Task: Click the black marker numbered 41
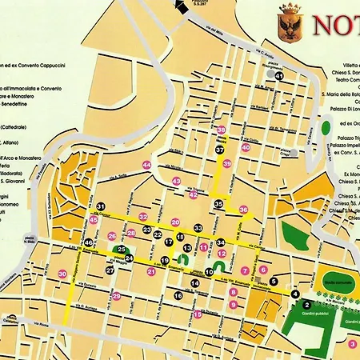[278, 75]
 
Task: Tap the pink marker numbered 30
[62, 274]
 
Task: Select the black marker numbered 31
[101, 207]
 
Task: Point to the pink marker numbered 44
[146, 165]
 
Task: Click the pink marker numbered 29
[117, 297]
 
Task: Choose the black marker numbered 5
[274, 281]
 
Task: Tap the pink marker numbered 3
[352, 344]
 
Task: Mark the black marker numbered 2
[306, 305]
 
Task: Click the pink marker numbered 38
[222, 130]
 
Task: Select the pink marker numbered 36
[244, 210]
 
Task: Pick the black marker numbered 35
[218, 205]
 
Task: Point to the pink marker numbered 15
[198, 314]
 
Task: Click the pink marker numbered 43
[176, 182]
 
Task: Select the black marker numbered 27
[110, 270]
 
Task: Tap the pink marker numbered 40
[246, 147]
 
